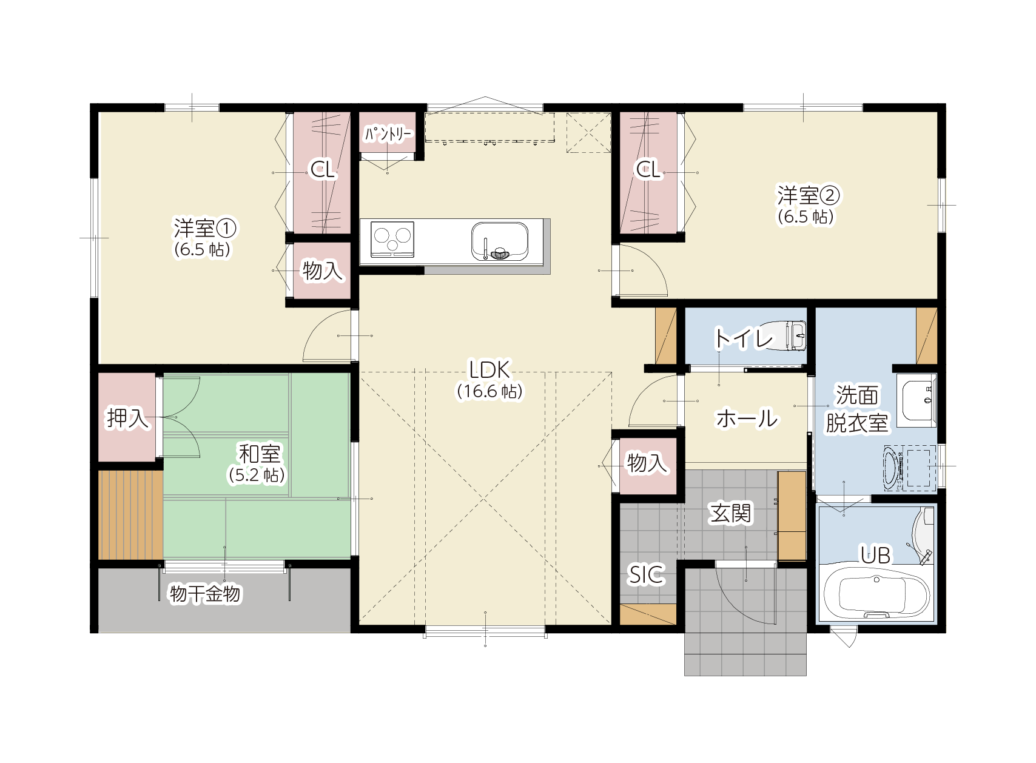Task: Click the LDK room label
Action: pyautogui.click(x=489, y=369)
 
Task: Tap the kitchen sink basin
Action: pyautogui.click(x=500, y=241)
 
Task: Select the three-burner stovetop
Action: pyautogui.click(x=392, y=239)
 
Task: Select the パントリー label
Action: pyautogui.click(x=388, y=135)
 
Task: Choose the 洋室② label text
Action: pyautogui.click(x=809, y=195)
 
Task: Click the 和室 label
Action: pyautogui.click(x=260, y=454)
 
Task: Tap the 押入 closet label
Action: pyautogui.click(x=127, y=418)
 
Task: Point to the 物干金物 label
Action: pyautogui.click(x=205, y=594)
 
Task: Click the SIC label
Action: pyautogui.click(x=646, y=575)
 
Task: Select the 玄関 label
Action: pyautogui.click(x=731, y=513)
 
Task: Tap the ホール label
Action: pyautogui.click(x=747, y=418)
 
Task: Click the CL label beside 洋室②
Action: pyautogui.click(x=648, y=169)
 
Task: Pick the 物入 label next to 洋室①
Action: pyautogui.click(x=322, y=270)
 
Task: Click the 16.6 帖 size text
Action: pyautogui.click(x=489, y=392)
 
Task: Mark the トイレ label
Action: pyautogui.click(x=743, y=338)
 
